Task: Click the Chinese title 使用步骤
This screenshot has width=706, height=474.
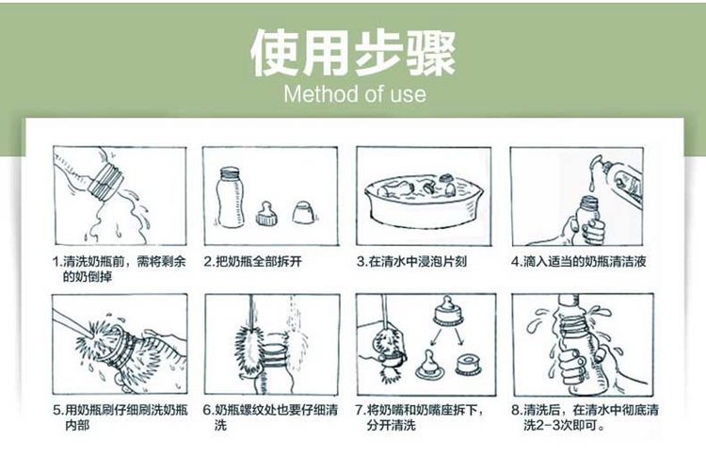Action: coord(353,54)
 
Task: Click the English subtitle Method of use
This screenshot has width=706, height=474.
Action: coord(355,94)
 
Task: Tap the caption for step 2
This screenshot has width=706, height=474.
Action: coord(252,261)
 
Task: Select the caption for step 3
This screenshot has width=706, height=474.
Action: coord(411,261)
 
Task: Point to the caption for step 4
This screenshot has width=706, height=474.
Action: coord(579,261)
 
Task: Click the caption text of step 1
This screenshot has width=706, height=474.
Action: coord(119,269)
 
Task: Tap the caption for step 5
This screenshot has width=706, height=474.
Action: coord(120,417)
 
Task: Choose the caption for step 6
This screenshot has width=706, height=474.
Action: coord(270,417)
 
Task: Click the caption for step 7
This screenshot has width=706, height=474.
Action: coord(419,417)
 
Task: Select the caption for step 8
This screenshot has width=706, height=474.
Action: coord(585,417)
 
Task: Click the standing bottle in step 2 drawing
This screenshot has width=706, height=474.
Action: coord(230,197)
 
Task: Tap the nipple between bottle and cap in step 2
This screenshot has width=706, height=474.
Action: coord(266,213)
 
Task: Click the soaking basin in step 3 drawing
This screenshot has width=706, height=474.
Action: coord(424,201)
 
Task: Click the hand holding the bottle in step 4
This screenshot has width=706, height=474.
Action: coord(586,230)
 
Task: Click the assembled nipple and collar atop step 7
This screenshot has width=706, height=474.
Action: coord(448,310)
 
